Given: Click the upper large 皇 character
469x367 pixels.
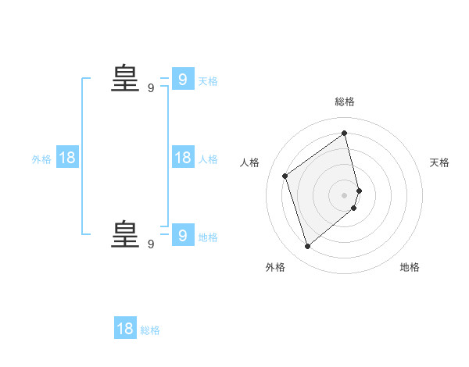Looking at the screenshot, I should click(x=125, y=78).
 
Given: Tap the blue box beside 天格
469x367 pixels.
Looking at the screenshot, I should click(x=182, y=79).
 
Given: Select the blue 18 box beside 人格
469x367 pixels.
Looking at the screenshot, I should click(x=182, y=158).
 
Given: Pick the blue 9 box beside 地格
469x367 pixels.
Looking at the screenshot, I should click(x=182, y=234).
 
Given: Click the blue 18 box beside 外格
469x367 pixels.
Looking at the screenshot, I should click(x=66, y=158).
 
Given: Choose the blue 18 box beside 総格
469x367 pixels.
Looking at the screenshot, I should click(x=125, y=329).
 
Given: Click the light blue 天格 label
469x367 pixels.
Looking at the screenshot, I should click(x=208, y=81).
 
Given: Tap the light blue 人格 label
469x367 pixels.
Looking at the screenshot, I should click(x=208, y=159).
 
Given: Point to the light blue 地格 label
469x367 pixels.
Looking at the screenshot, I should click(x=208, y=237).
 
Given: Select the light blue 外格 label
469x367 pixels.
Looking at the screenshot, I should click(x=41, y=159).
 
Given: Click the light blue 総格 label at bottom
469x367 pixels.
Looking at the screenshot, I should click(x=150, y=330).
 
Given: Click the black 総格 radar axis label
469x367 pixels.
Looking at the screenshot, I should click(x=345, y=102).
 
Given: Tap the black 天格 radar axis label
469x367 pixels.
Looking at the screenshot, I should click(x=439, y=162).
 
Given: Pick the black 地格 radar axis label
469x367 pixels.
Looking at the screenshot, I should click(x=410, y=267).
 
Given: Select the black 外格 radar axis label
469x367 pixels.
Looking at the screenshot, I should click(x=275, y=267).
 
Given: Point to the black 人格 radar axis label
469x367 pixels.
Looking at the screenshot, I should click(x=249, y=162).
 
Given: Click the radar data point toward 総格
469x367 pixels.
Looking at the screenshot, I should click(x=345, y=133).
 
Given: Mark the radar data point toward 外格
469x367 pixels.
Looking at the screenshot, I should click(x=307, y=247).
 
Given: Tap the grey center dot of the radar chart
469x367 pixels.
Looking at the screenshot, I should click(x=345, y=194).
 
